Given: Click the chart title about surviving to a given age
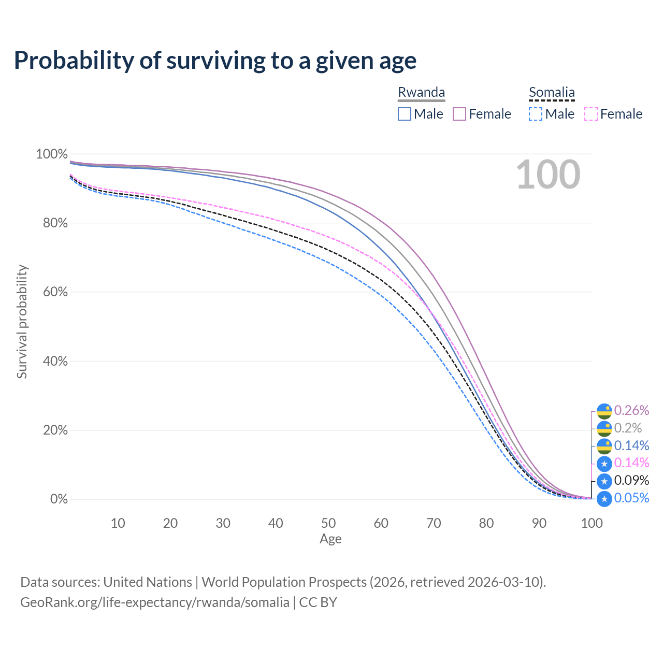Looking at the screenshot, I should [215, 61].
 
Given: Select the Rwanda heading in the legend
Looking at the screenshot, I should [421, 92].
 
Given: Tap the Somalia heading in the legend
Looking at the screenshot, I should [552, 92].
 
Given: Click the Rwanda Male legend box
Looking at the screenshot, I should [405, 114].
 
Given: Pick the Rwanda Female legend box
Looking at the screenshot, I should [460, 114].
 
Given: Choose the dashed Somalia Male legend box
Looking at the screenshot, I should [536, 114].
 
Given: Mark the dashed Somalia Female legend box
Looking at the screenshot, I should [591, 114].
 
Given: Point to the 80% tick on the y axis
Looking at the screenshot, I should [52, 223].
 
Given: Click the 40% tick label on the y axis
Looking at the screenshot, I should [52, 361].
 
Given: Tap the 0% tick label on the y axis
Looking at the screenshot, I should [59, 499].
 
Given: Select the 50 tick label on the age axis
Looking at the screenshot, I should [328, 523].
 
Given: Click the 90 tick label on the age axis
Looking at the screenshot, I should [539, 523].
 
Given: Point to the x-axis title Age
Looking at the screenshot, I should [330, 539].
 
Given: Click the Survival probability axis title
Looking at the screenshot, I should [22, 322].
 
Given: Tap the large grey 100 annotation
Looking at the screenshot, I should [548, 175].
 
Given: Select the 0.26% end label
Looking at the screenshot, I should [631, 411].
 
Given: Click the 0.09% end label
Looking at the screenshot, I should [631, 480].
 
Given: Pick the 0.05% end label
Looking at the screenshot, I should [631, 498].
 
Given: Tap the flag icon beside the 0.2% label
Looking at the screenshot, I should [604, 429].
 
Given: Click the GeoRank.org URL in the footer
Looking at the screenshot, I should [155, 602].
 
